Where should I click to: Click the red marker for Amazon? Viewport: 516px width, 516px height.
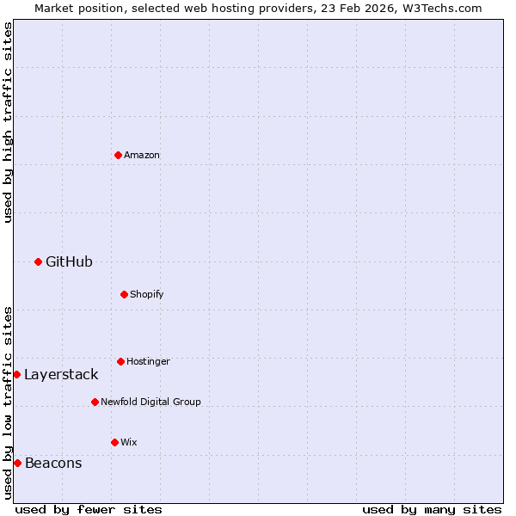pyautogui.click(x=118, y=155)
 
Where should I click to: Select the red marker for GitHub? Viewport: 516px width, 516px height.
pyautogui.click(x=38, y=261)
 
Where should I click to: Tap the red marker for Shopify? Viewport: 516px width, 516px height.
pyautogui.click(x=124, y=294)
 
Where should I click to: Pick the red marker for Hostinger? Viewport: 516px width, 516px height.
pyautogui.click(x=120, y=361)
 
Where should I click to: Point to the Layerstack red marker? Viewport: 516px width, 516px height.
pyautogui.click(x=16, y=374)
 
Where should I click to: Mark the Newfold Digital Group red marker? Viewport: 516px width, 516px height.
pyautogui.click(x=95, y=402)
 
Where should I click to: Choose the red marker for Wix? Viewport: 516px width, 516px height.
pyautogui.click(x=114, y=442)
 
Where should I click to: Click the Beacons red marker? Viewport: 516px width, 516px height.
pyautogui.click(x=17, y=463)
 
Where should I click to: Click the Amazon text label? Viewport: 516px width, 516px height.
pyautogui.click(x=142, y=155)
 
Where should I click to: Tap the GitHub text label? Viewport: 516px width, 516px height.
pyautogui.click(x=69, y=261)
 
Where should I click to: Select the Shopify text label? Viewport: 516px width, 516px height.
pyautogui.click(x=147, y=294)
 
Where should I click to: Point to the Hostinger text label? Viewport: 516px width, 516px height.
pyautogui.click(x=148, y=361)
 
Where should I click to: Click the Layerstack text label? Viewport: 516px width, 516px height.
pyautogui.click(x=61, y=374)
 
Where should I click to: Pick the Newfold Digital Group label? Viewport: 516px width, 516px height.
pyautogui.click(x=150, y=402)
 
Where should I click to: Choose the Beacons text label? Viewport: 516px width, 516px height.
pyautogui.click(x=53, y=463)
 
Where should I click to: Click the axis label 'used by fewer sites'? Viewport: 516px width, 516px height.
pyautogui.click(x=89, y=509)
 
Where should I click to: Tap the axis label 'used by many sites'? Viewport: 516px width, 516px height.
pyautogui.click(x=432, y=509)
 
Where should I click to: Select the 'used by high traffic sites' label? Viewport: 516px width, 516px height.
pyautogui.click(x=9, y=122)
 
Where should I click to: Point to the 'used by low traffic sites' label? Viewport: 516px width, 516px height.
pyautogui.click(x=9, y=402)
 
